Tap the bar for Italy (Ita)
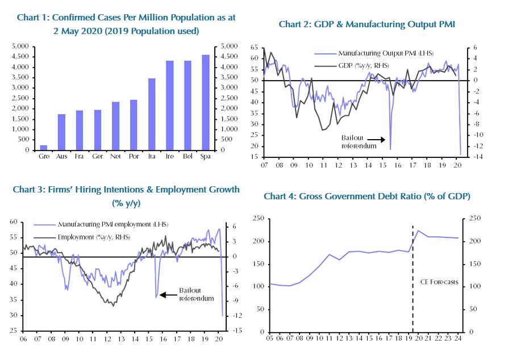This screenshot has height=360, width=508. pos(152,114)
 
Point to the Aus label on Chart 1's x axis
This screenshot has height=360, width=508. pos(61,156)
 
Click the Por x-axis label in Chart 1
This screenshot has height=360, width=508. pos(134,156)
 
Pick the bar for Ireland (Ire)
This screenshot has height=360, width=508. pos(169,106)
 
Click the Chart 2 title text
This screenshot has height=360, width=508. pos(367,24)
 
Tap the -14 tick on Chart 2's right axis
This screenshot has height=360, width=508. pos(473,157)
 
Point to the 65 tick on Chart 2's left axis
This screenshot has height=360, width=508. pos(254,48)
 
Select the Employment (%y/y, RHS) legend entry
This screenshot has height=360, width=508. pos(94,236)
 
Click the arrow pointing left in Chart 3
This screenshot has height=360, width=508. pos(168,295)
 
